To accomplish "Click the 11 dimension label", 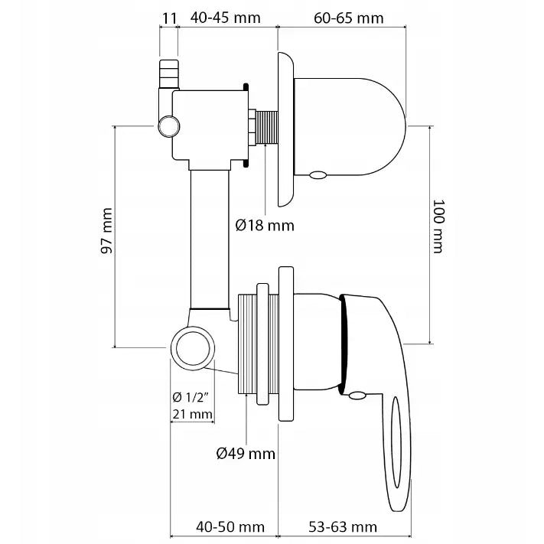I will coord(169,16).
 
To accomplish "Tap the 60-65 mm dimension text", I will coord(349,16).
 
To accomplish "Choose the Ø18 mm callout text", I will coord(265,225).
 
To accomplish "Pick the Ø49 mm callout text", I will coord(245,454).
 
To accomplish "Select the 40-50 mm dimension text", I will coord(230,527).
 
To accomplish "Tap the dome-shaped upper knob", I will coord(352,122).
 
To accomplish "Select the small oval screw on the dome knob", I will coord(318,175).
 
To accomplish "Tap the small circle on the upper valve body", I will coord(168,125).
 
